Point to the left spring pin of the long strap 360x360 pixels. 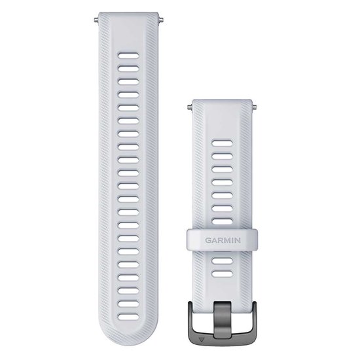tap(96, 20)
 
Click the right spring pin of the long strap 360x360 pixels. tap(161, 20)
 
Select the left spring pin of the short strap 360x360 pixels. tap(190, 107)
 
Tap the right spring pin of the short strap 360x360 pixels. tap(254, 107)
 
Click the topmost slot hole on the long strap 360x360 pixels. tap(128, 56)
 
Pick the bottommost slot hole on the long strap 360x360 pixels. tap(128, 317)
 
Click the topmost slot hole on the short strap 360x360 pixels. tap(223, 143)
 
